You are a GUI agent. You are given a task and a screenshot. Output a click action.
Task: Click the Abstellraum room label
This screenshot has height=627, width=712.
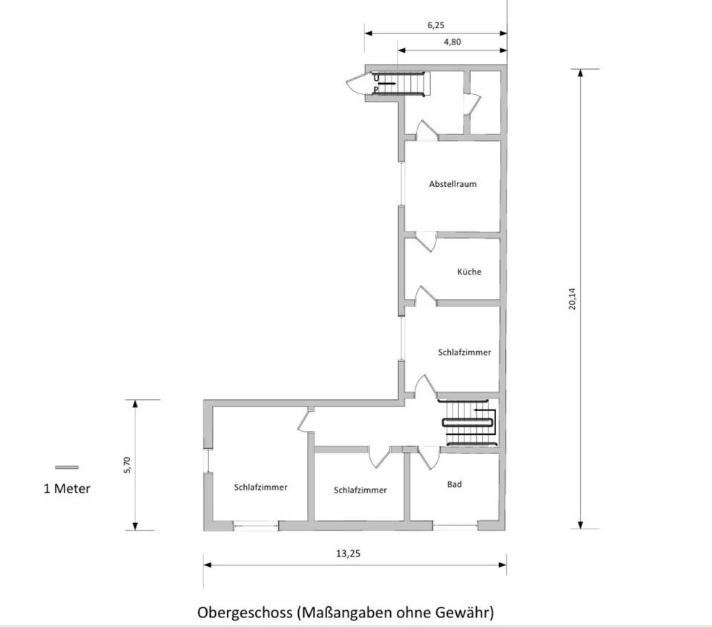click(452, 184)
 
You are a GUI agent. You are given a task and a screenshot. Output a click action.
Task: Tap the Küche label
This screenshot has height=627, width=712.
click(469, 272)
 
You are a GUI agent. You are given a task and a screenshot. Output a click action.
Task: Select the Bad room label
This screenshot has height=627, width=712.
click(455, 485)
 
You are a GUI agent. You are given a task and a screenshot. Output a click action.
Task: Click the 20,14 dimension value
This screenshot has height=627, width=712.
click(572, 298)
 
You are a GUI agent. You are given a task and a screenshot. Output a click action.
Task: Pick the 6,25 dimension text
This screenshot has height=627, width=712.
click(436, 24)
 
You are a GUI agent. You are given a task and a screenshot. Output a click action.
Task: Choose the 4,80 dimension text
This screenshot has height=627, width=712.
click(452, 42)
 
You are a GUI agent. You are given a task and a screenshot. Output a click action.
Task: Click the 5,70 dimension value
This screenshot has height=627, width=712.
click(127, 465)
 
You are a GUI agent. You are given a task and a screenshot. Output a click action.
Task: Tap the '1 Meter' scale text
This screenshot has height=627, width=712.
click(67, 488)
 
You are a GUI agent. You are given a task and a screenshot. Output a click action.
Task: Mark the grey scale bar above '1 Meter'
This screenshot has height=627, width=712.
click(67, 467)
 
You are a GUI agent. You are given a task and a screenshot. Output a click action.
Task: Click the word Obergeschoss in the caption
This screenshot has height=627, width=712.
click(245, 613)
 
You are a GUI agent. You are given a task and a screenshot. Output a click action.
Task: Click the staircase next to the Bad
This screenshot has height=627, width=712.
click(469, 423)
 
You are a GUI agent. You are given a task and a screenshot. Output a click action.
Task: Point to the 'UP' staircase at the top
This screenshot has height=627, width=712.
click(400, 83)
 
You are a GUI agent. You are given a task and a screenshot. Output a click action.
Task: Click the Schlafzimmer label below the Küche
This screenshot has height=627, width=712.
click(464, 352)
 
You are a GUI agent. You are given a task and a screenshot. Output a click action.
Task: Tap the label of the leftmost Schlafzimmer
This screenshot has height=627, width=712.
click(260, 488)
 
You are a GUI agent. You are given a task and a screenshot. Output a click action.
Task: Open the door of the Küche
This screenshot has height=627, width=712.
click(424, 295)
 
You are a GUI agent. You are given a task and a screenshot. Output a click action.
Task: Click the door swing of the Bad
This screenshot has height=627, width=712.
click(429, 458)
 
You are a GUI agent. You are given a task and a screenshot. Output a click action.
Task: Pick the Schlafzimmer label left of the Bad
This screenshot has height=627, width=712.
click(360, 490)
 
